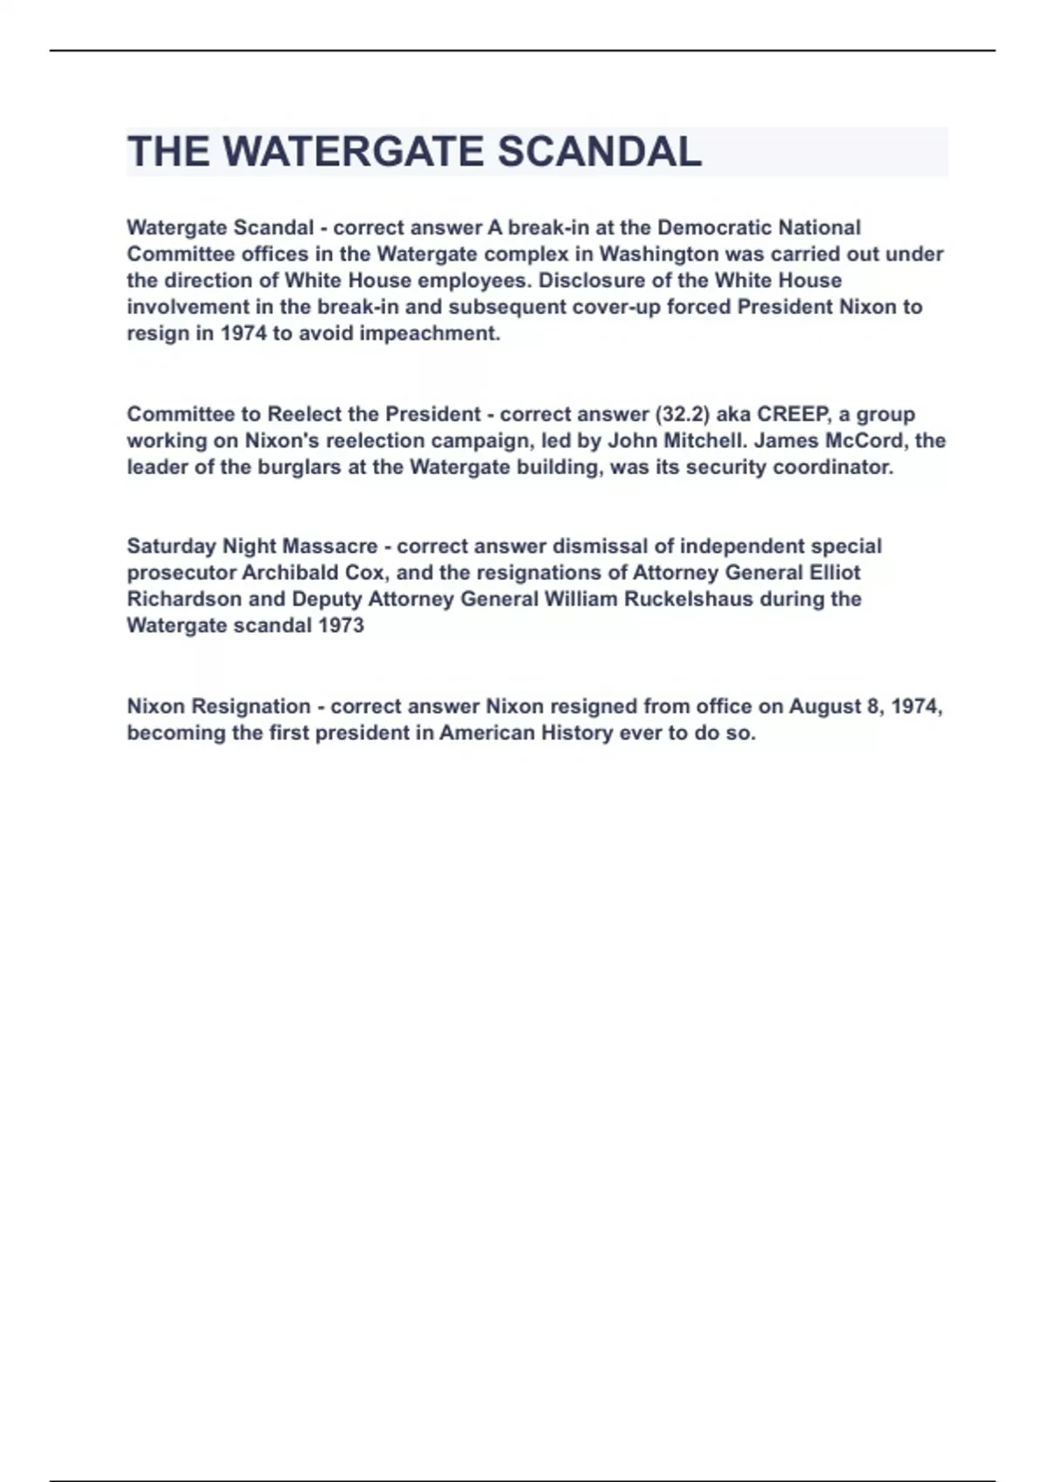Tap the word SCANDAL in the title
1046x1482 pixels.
coord(599,152)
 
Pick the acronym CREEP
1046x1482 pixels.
coord(792,414)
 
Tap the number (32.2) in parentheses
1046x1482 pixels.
coord(682,414)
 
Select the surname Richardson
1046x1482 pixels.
coord(184,599)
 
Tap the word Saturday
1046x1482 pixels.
coord(171,547)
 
